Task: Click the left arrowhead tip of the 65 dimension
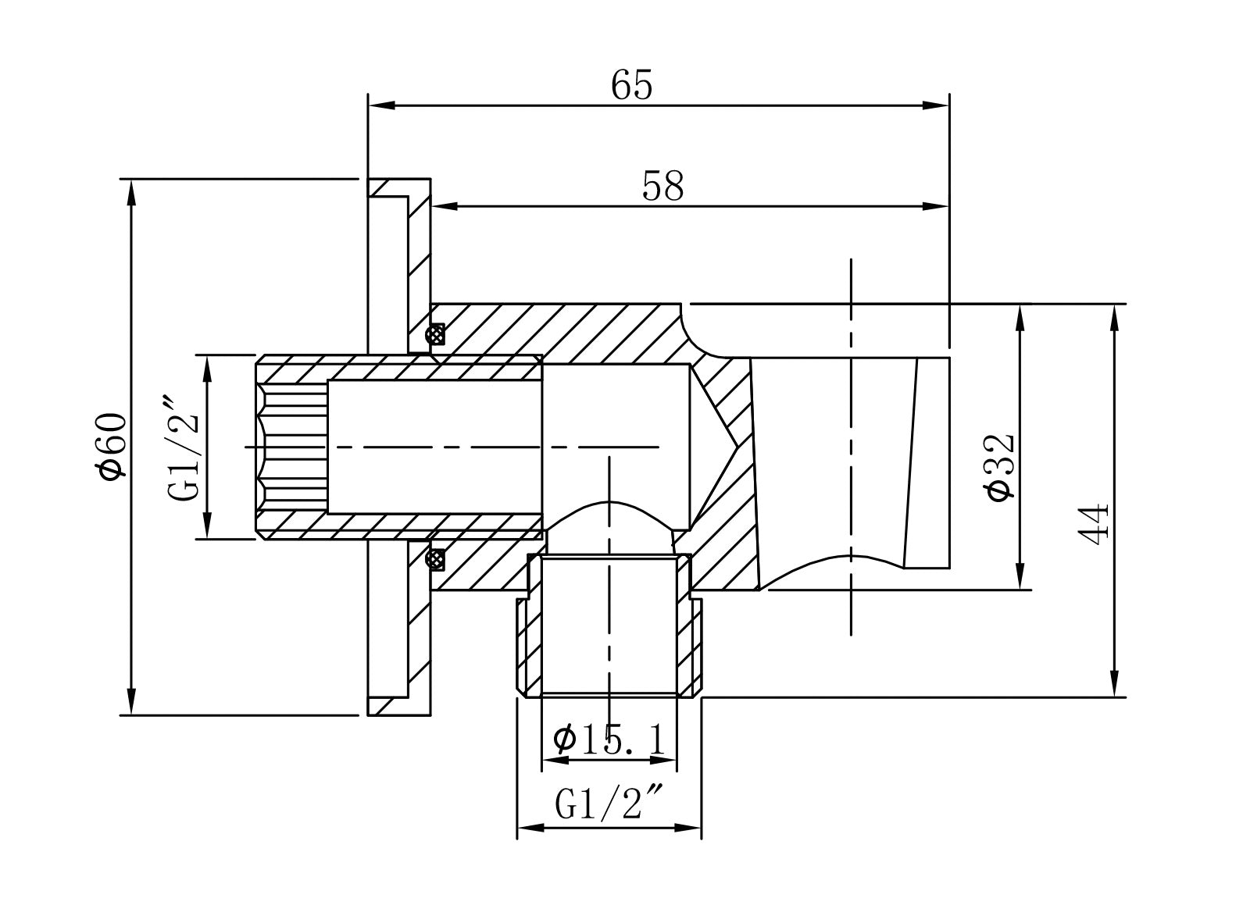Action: click(x=369, y=105)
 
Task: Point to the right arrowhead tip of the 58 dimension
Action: click(x=948, y=206)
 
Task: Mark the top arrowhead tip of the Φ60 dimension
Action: click(x=132, y=180)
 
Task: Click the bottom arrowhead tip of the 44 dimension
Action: click(x=1115, y=697)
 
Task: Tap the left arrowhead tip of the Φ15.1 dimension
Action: click(x=542, y=760)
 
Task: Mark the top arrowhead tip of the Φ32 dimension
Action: click(x=1020, y=305)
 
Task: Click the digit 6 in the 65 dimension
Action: click(x=621, y=85)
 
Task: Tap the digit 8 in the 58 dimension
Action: click(x=673, y=186)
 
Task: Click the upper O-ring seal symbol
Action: click(x=435, y=334)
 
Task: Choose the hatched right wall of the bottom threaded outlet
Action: click(x=689, y=627)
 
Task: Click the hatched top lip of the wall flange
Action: click(x=399, y=187)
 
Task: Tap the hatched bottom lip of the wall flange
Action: click(x=399, y=706)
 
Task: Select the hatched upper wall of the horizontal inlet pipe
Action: click(x=399, y=368)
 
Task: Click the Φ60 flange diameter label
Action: click(x=110, y=447)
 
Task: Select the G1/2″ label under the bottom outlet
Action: click(x=608, y=804)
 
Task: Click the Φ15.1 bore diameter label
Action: click(x=609, y=739)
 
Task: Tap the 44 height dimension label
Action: click(x=1094, y=524)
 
